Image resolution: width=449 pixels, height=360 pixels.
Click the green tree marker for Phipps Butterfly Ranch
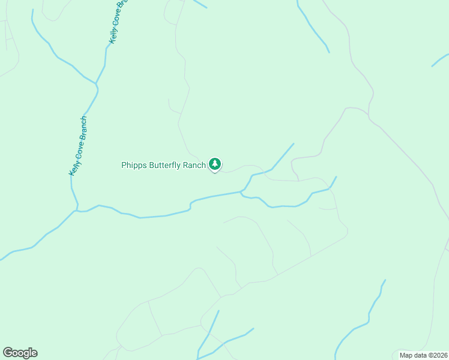pos(215,164)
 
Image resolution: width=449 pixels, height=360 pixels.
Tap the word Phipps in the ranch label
pos(133,165)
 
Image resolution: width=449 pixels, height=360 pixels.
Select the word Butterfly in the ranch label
pos(164,165)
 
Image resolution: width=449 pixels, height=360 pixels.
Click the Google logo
pos(20,353)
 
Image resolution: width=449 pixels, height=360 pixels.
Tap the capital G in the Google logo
pos(8,353)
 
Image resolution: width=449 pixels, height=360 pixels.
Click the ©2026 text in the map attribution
pos(437,355)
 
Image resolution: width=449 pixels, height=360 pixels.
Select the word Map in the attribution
pos(406,355)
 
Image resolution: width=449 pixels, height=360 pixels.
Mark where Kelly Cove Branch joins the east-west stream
pos(77,211)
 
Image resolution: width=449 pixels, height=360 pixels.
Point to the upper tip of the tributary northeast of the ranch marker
pos(294,143)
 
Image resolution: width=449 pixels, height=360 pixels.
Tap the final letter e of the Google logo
pos(34,353)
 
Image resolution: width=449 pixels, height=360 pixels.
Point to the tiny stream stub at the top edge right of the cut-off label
pos(199,4)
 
